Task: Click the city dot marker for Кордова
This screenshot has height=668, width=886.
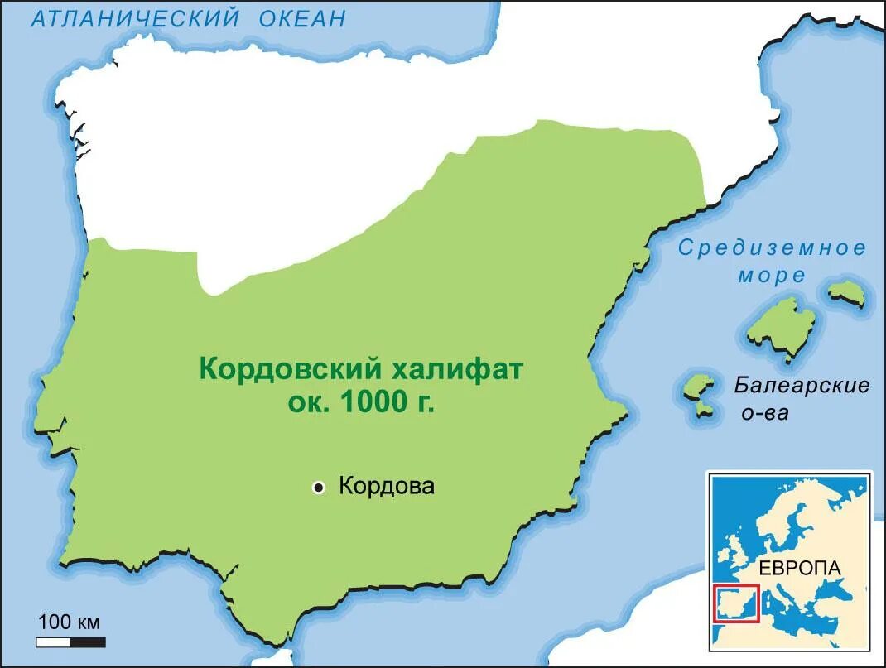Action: (x=318, y=488)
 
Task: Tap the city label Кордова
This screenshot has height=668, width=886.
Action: (x=387, y=486)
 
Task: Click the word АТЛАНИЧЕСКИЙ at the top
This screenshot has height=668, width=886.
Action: (x=136, y=17)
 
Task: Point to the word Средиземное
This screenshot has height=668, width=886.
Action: (x=773, y=247)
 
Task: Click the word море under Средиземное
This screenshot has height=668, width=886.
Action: (x=772, y=276)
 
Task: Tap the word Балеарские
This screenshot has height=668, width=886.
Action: (x=802, y=385)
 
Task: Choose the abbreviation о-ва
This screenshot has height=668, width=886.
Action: (x=765, y=412)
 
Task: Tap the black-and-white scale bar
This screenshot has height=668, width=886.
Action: (x=70, y=642)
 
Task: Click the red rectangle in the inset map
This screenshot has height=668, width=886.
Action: (x=735, y=604)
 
